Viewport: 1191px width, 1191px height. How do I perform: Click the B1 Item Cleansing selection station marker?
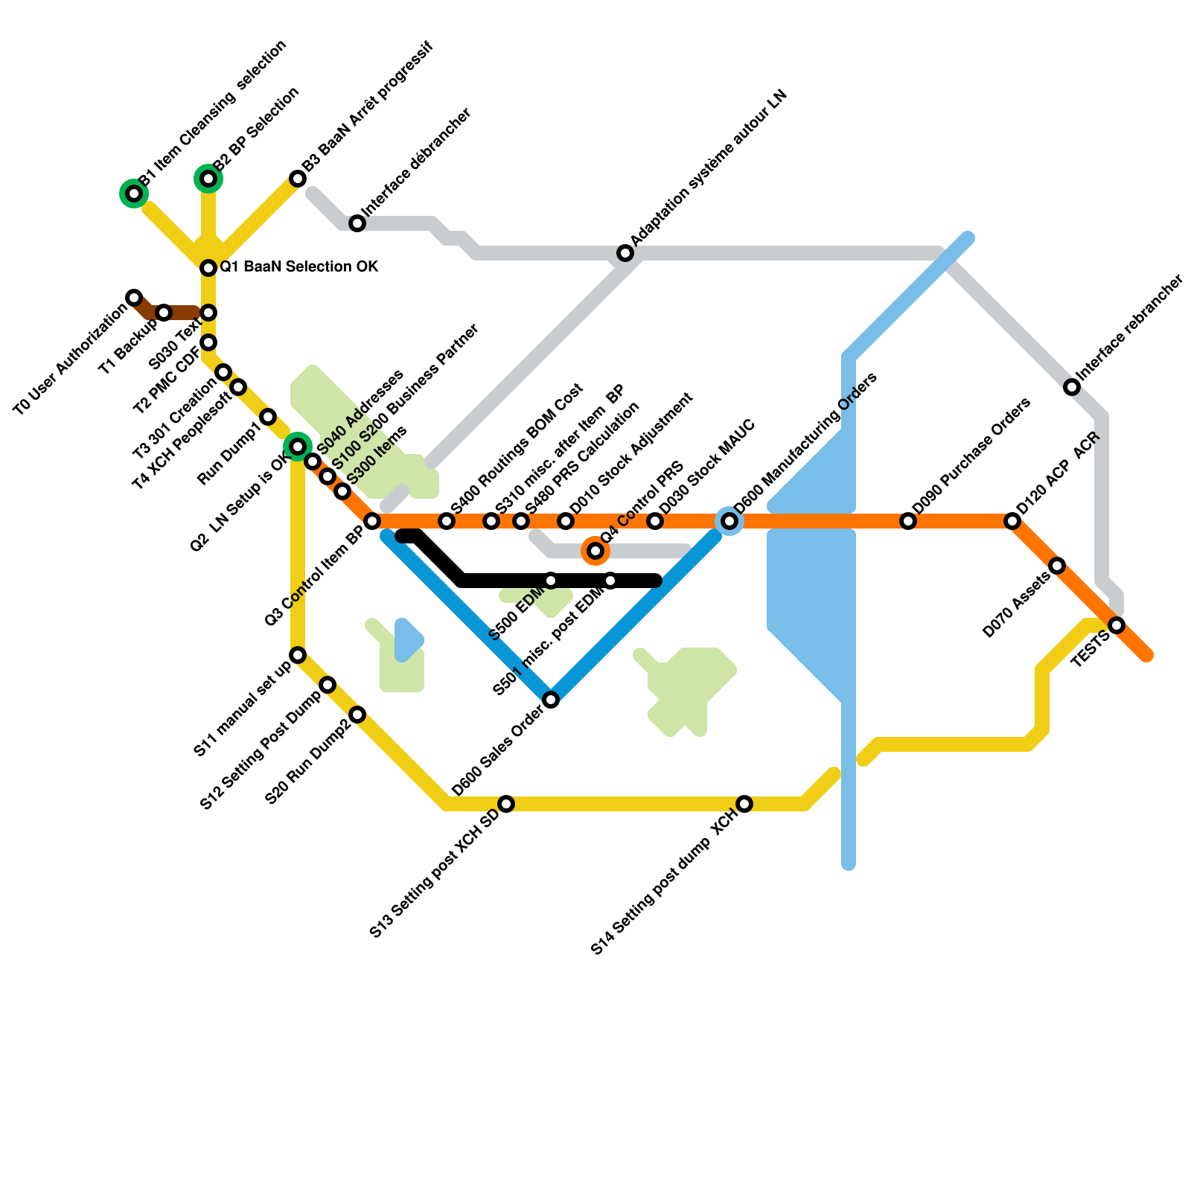pos(134,194)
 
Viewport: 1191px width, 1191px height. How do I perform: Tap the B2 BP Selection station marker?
pos(208,179)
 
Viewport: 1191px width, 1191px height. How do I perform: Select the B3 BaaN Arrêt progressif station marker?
pos(298,179)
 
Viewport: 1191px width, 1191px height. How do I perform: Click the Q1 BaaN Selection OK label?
pos(298,266)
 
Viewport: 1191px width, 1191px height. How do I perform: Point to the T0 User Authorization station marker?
pos(134,298)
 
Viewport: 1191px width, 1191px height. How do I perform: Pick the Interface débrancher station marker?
pos(357,223)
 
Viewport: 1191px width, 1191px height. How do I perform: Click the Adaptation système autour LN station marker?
pos(625,254)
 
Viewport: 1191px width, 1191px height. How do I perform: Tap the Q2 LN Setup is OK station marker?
pos(298,447)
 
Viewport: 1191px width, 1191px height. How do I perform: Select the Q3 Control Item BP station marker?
pos(372,521)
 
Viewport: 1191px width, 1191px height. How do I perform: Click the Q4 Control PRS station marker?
pos(595,551)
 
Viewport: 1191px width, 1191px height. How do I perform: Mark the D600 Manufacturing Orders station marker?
pos(729,521)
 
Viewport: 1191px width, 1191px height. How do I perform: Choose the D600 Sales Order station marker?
pos(551,700)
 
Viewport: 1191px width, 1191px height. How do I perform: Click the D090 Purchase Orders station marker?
pos(908,521)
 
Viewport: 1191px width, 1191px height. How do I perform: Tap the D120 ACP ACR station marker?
pos(1012,521)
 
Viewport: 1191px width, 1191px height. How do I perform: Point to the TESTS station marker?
pos(1117,625)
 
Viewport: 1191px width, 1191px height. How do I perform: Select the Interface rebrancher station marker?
pos(1072,387)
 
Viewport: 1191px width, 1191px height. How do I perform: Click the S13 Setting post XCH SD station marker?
pos(506,804)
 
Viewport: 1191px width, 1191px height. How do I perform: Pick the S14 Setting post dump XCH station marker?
pos(744,804)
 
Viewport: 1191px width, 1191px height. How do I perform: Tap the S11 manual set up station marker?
pos(298,655)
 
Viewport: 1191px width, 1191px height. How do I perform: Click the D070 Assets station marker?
pos(1057,566)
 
